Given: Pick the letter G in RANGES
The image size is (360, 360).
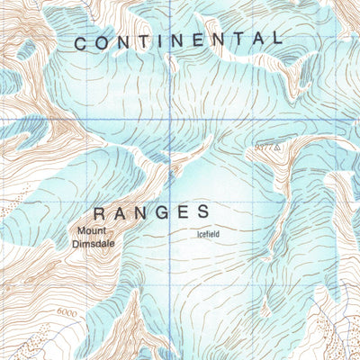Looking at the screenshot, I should tap(164, 213).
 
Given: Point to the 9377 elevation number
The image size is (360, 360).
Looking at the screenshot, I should tap(264, 144).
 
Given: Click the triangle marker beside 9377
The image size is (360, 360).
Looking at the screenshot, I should tap(279, 144).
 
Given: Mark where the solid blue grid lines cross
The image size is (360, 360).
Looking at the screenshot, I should tap(172, 118).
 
